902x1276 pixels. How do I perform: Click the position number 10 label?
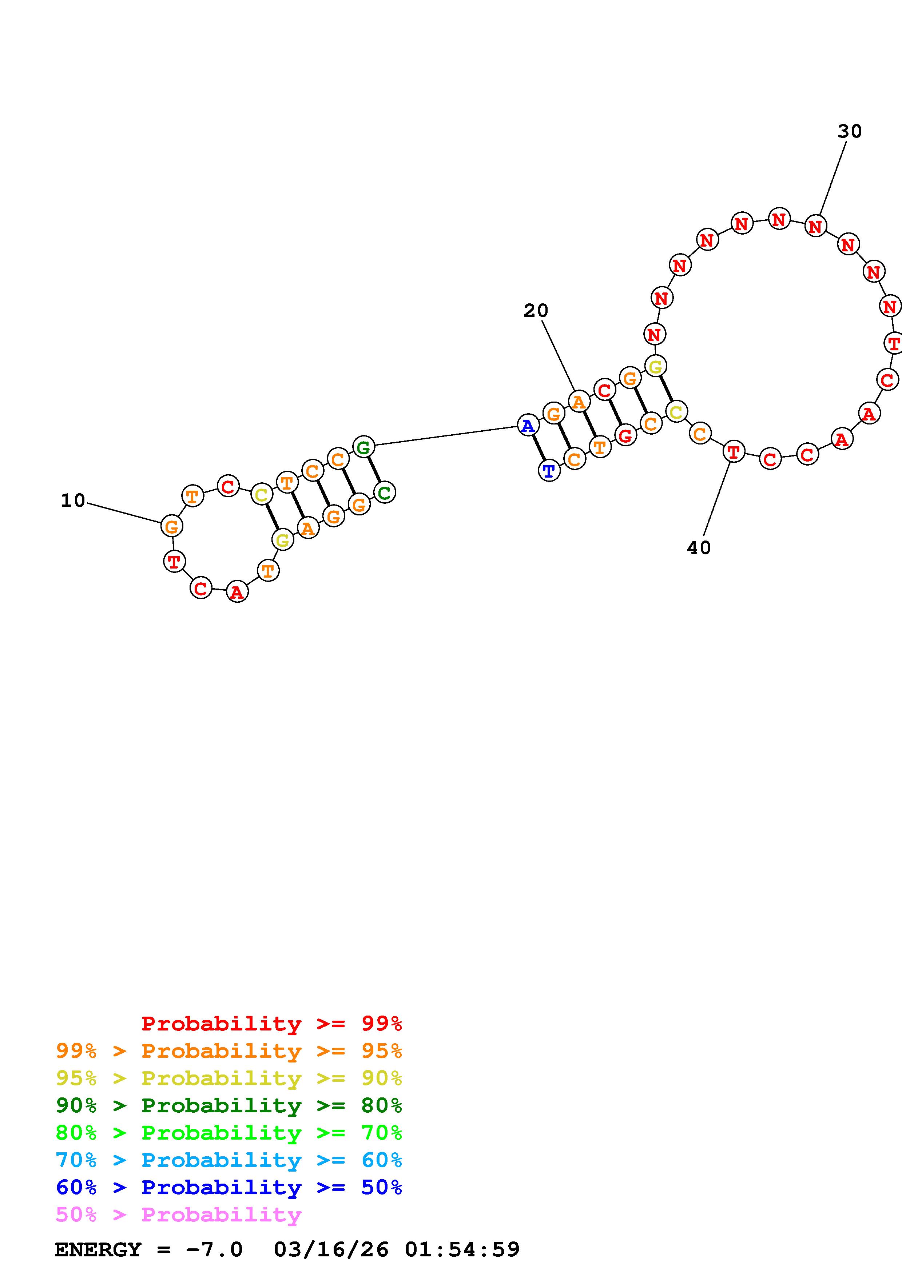coord(73,501)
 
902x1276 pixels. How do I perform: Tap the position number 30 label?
coord(850,132)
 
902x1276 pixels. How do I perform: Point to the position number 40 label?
coord(699,548)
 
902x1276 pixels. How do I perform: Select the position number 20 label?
coord(536,311)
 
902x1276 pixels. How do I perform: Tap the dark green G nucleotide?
coord(363,447)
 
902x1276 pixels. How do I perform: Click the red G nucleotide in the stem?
coord(626,435)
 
